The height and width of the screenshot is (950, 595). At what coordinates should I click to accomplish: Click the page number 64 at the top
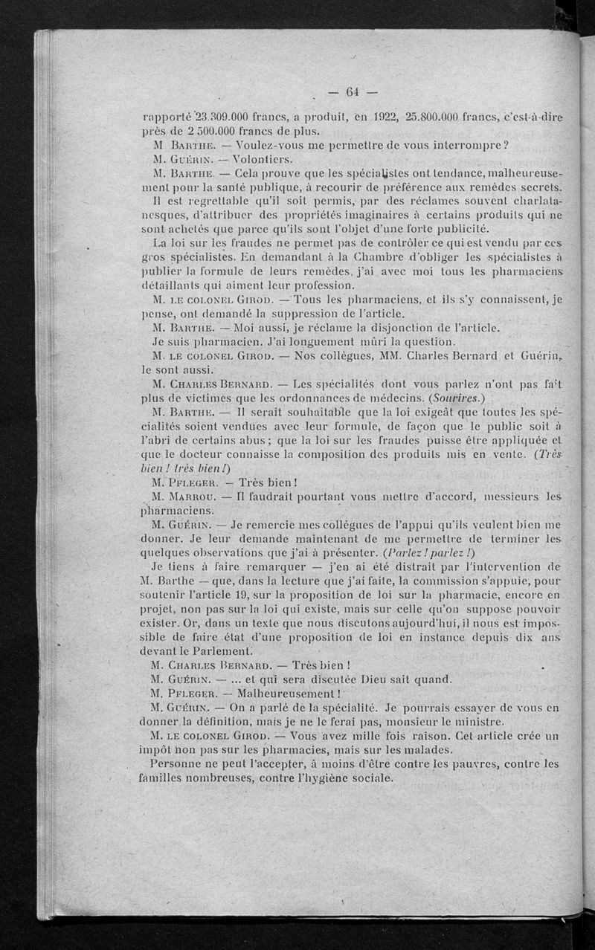click(353, 92)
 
